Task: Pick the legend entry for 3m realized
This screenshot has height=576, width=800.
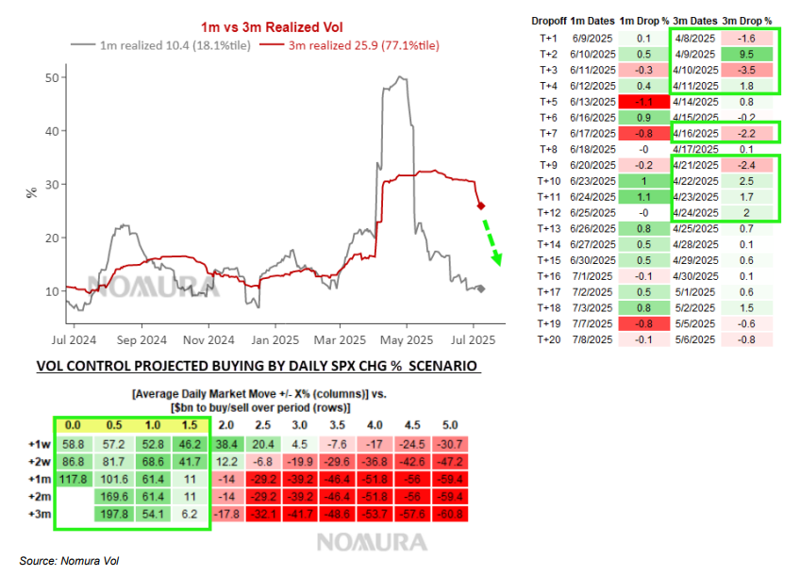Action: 348,45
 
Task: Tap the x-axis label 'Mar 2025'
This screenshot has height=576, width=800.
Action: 339,338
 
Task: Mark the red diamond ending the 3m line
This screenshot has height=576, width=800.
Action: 480,206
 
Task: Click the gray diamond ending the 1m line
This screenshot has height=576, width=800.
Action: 481,288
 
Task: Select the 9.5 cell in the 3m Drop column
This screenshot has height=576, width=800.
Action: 746,55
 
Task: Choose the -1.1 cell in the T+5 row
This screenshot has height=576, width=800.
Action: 643,101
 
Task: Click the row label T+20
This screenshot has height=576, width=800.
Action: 549,340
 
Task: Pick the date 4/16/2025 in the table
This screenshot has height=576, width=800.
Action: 695,133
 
